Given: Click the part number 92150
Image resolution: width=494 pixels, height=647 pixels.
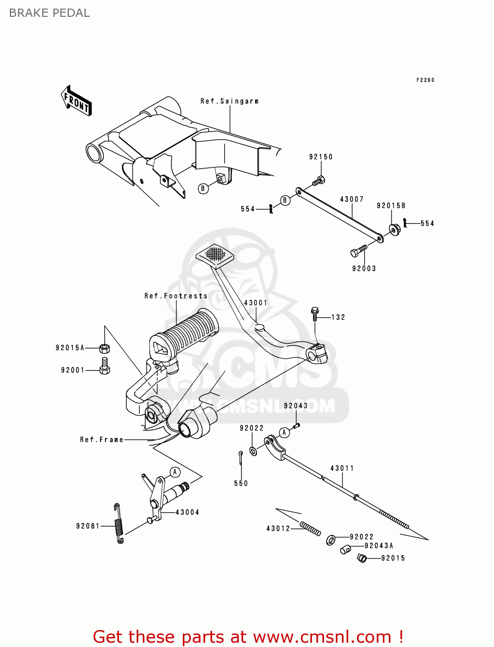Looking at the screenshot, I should pos(321,157).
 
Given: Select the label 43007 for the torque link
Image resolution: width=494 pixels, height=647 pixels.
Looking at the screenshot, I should pos(352,199).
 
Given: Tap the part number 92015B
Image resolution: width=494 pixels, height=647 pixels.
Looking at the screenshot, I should pos(391,206).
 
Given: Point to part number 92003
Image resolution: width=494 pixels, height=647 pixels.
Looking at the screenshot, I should pos(364,269).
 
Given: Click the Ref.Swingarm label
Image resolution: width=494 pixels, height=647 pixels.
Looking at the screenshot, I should pos(229,101).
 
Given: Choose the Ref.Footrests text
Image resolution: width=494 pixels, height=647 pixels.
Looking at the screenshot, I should pos(176,296).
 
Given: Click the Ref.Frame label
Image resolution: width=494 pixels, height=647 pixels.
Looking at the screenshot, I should pos(102,440).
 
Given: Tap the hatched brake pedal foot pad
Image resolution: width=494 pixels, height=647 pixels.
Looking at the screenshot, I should pos(215,254).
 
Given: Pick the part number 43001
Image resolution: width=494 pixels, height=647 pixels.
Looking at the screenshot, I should pos(256,303).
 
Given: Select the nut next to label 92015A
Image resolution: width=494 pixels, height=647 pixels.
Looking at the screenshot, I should pos(104,348).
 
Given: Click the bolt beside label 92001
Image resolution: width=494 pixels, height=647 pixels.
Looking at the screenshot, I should pos(105,365).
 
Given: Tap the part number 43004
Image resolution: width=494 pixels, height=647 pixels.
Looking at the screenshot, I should pos(188,512).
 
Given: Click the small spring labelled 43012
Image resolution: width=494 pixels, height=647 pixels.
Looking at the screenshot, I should pos(310,528).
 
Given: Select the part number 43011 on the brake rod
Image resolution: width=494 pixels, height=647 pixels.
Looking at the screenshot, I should pos(342,468).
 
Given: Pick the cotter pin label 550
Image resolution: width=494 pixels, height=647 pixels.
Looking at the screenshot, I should pos(241,484).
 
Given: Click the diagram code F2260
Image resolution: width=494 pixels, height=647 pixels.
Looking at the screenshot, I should pos(425,80).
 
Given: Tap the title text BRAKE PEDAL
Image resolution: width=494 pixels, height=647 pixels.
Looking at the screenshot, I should pos(49,13).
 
